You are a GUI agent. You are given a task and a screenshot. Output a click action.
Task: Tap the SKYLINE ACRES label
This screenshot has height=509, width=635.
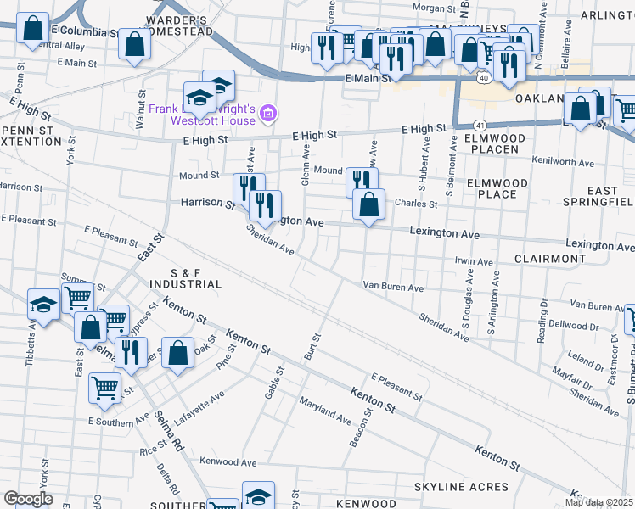pos(461,487)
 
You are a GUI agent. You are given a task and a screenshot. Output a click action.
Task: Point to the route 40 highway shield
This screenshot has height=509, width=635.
pos(483,77)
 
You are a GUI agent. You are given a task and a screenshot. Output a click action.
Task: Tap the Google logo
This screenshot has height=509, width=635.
pos(28,499)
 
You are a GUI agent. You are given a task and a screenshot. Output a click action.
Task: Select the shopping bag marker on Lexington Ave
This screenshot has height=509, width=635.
pos(368,205)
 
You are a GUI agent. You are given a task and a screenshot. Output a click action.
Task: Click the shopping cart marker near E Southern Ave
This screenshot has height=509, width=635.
pos(104,387)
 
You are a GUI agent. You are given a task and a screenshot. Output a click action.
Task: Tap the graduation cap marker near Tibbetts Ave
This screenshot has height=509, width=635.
pos(43,304)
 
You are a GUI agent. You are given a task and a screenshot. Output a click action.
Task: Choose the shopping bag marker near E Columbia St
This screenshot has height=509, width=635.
pos(31,29)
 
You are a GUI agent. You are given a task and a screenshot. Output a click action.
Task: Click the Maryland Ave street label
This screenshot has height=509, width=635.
pos(324,411)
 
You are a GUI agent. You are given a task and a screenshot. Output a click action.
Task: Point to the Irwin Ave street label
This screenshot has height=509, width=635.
pos(474,262)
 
